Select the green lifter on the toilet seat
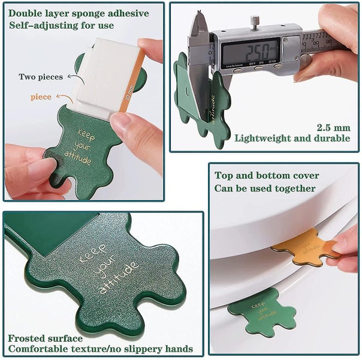click(261, 310)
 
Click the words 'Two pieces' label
click(39, 77)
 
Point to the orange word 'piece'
click(41, 96)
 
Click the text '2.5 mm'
click(333, 127)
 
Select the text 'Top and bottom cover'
click(267, 176)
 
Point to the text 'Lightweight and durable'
click(292, 138)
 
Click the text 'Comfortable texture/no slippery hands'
click(100, 349)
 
